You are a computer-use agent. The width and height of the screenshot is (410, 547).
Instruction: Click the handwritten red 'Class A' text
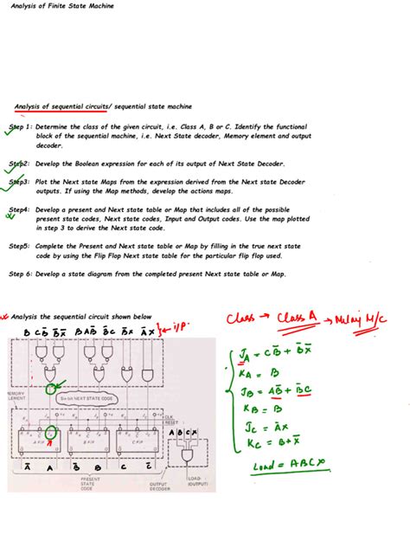[x=298, y=319]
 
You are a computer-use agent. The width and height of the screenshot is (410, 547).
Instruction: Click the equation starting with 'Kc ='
[x=259, y=443]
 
